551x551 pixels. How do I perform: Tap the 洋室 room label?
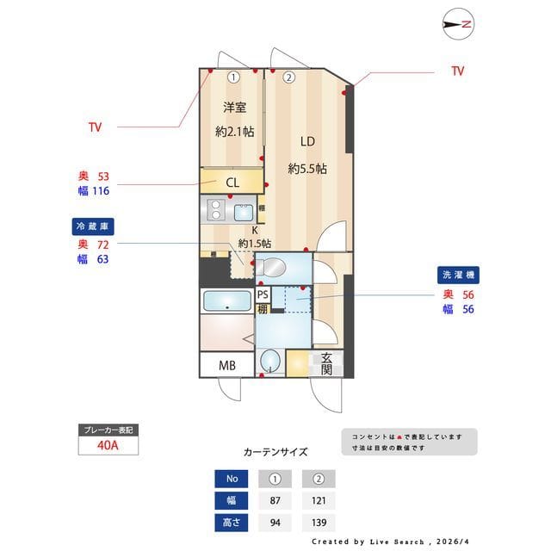click(x=235, y=108)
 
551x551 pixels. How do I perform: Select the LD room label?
click(x=307, y=142)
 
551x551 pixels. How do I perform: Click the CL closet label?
click(x=232, y=183)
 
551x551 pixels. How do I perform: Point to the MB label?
click(x=226, y=365)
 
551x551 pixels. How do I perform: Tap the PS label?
click(x=263, y=294)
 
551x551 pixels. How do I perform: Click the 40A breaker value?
click(x=107, y=445)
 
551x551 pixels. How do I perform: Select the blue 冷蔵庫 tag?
click(x=93, y=226)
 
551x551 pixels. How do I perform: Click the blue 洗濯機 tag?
click(x=457, y=275)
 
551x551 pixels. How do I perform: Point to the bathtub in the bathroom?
click(x=227, y=302)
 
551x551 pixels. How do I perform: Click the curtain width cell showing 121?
click(x=319, y=500)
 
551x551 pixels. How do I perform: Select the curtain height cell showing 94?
click(x=275, y=522)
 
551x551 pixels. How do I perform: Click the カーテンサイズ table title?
click(x=275, y=452)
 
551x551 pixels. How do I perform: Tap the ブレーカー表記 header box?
click(x=107, y=429)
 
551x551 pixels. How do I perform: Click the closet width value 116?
click(x=100, y=190)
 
